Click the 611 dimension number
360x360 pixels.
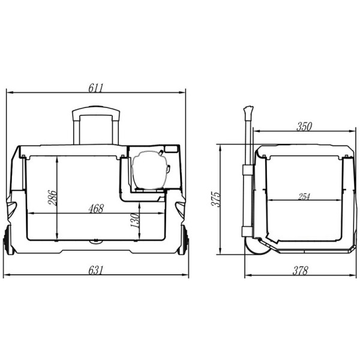pyautogui.click(x=96, y=88)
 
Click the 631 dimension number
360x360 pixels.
pyautogui.click(x=96, y=270)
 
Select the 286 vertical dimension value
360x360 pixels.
pyautogui.click(x=52, y=197)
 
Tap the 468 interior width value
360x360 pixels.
pyautogui.click(x=96, y=208)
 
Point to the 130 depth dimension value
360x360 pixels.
pyautogui.click(x=135, y=220)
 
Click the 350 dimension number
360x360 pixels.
pyautogui.click(x=304, y=127)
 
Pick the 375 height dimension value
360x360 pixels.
pyautogui.click(x=216, y=199)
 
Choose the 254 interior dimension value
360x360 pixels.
pyautogui.click(x=304, y=197)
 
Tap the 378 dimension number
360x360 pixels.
pyautogui.click(x=300, y=271)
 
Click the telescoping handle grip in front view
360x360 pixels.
pyautogui.click(x=96, y=111)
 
